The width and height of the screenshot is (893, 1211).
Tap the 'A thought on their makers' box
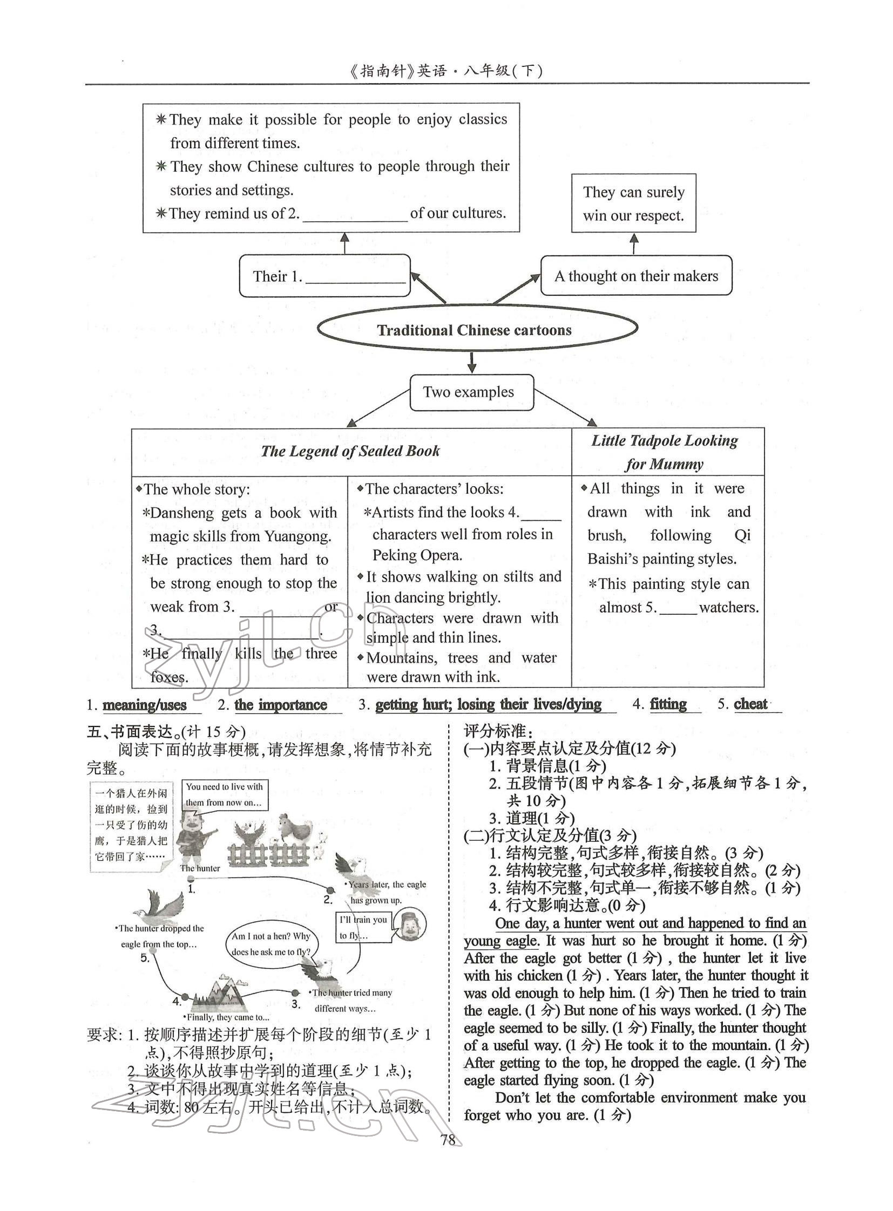coord(636,276)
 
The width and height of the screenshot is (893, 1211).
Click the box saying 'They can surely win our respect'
coord(633,204)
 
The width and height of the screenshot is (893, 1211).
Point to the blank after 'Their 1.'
coord(355,277)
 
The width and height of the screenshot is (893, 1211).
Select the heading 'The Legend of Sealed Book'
coord(350,451)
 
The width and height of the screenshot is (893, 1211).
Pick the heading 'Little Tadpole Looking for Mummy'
coord(665,452)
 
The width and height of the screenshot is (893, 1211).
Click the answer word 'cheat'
coord(751,704)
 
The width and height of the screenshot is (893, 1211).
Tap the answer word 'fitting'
coord(668,704)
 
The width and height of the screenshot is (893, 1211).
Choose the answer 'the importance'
coord(281,705)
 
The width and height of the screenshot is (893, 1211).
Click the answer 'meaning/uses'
coord(144,705)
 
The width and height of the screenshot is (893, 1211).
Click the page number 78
coord(448,1141)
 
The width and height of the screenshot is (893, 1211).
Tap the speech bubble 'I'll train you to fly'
coord(363,927)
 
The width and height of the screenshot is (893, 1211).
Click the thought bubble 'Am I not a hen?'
coord(271,943)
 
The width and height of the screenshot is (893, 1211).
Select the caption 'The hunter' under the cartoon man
coord(200,868)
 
